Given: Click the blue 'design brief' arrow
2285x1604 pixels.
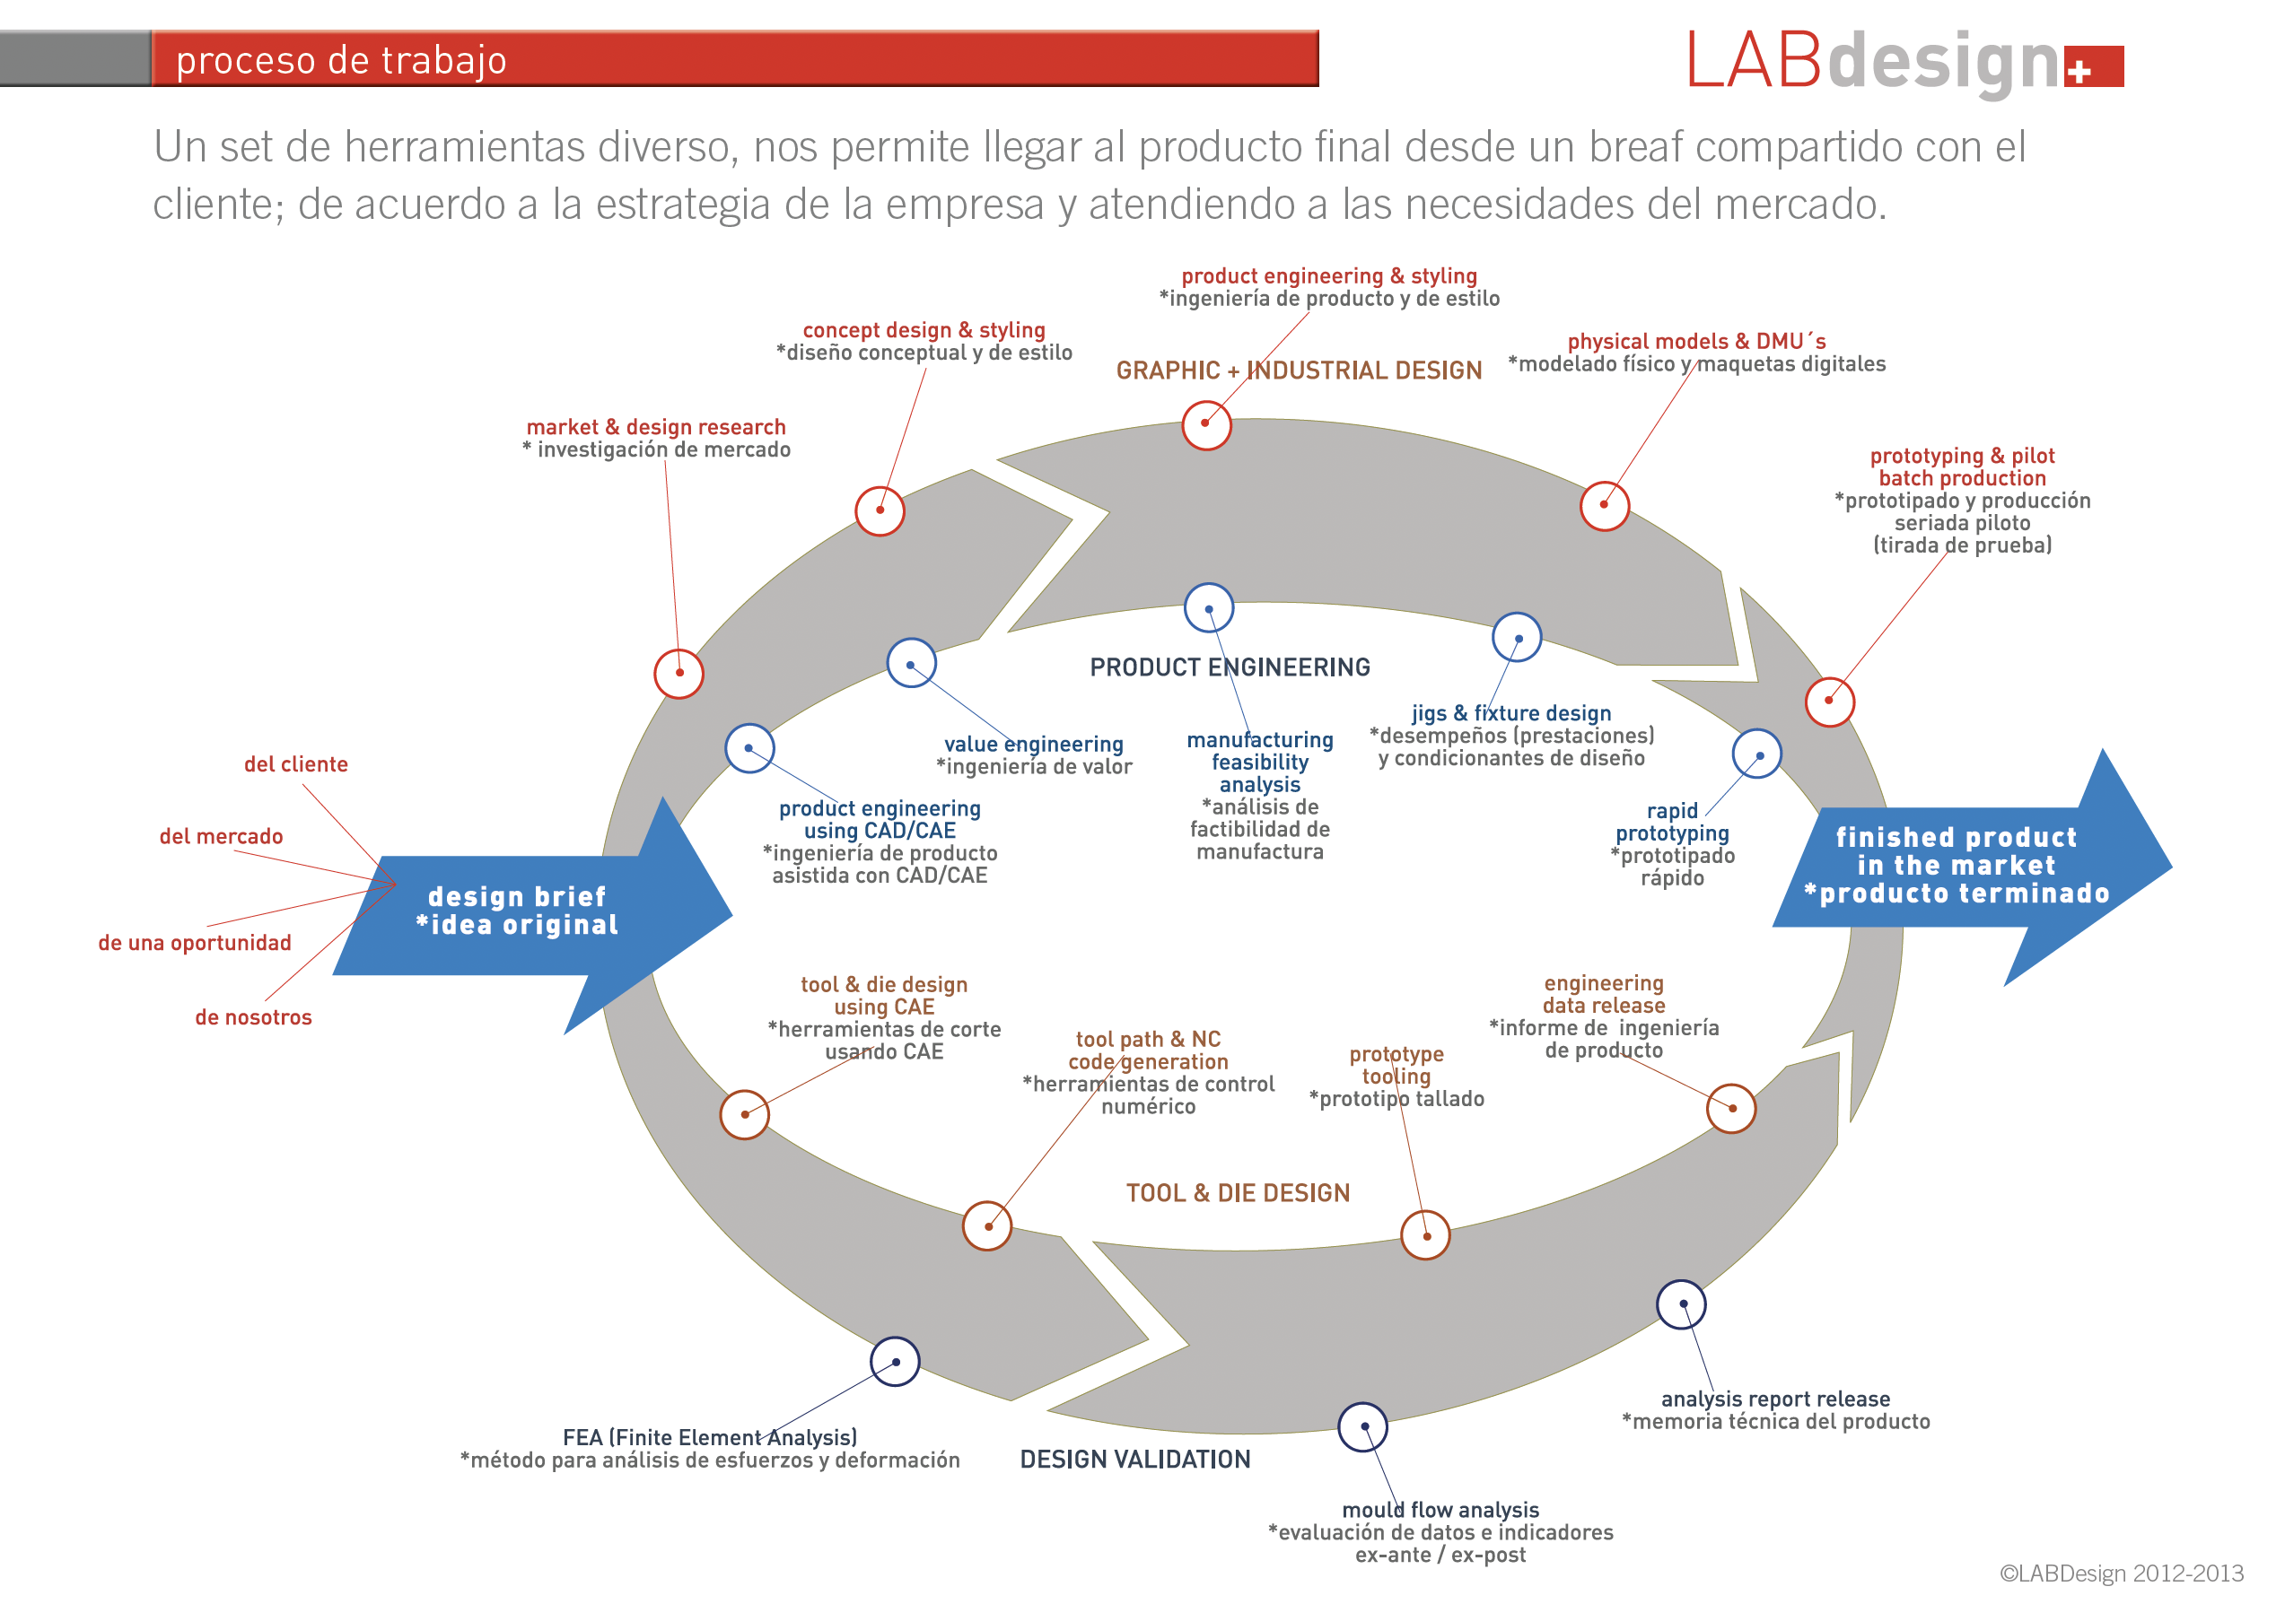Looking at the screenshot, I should click(x=518, y=911).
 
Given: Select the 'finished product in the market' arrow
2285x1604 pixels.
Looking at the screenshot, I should click(x=1956, y=865).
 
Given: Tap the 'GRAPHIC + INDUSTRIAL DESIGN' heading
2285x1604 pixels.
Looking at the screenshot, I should click(x=1298, y=371).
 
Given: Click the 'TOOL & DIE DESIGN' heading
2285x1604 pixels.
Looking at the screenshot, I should click(x=1237, y=1193).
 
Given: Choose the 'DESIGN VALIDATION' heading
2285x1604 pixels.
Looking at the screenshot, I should click(x=1134, y=1460).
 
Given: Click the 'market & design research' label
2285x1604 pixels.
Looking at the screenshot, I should click(x=656, y=428).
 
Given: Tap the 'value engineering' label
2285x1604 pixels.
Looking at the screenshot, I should click(x=1033, y=745).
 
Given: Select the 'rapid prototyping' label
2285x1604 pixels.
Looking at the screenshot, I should click(x=1672, y=823).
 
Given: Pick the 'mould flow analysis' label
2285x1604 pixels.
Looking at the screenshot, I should click(x=1440, y=1511).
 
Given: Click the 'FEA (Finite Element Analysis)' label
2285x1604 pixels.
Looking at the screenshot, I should click(x=710, y=1438).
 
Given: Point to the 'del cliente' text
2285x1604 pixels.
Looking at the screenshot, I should click(x=295, y=765).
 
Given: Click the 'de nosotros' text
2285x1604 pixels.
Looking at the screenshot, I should click(x=253, y=1018).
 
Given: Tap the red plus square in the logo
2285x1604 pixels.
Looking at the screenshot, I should click(x=2093, y=66).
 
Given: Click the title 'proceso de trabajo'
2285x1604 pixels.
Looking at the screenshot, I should click(x=341, y=61).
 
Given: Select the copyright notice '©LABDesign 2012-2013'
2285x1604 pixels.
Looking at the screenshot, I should click(x=2121, y=1574).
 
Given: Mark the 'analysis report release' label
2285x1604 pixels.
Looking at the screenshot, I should click(x=1774, y=1400).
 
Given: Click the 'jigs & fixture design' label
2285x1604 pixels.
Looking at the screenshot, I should click(x=1510, y=713).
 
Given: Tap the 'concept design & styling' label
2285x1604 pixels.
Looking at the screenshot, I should click(x=924, y=330).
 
